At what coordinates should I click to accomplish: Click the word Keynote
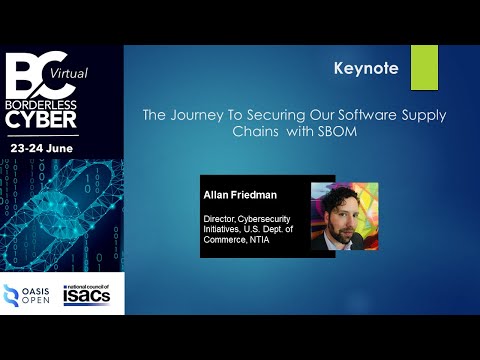tap(366, 69)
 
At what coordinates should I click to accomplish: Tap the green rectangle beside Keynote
tap(424, 67)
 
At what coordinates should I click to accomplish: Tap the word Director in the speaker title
tap(220, 216)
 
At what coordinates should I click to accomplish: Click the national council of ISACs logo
tap(91, 295)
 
